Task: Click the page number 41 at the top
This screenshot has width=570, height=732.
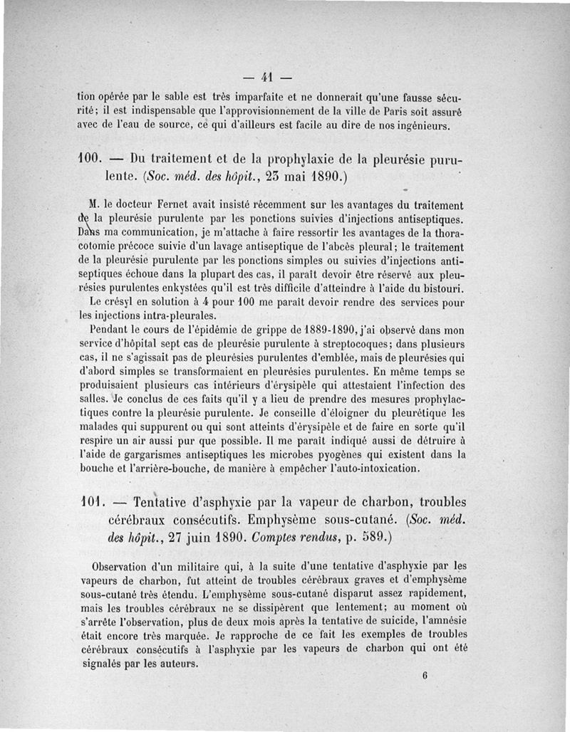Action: [x=268, y=76]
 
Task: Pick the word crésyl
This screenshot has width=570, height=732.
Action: [x=118, y=302]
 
